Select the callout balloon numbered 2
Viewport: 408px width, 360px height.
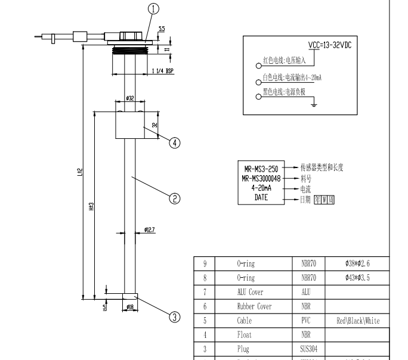pos(175,199)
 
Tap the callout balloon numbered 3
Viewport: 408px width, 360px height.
pos(175,317)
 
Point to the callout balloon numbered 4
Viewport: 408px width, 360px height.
pos(175,143)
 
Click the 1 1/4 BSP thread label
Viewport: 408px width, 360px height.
pos(163,71)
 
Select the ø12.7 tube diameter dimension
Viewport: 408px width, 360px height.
pos(150,229)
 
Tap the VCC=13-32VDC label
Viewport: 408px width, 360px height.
pos(329,45)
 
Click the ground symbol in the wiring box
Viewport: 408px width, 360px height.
pos(314,105)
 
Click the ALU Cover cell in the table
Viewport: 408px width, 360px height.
pos(250,292)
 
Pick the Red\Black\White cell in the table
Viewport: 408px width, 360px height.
pos(358,321)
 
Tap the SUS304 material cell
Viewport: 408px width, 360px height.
pos(305,349)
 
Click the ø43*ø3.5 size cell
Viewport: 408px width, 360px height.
pos(358,278)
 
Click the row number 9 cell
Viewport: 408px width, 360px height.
pos(205,263)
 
